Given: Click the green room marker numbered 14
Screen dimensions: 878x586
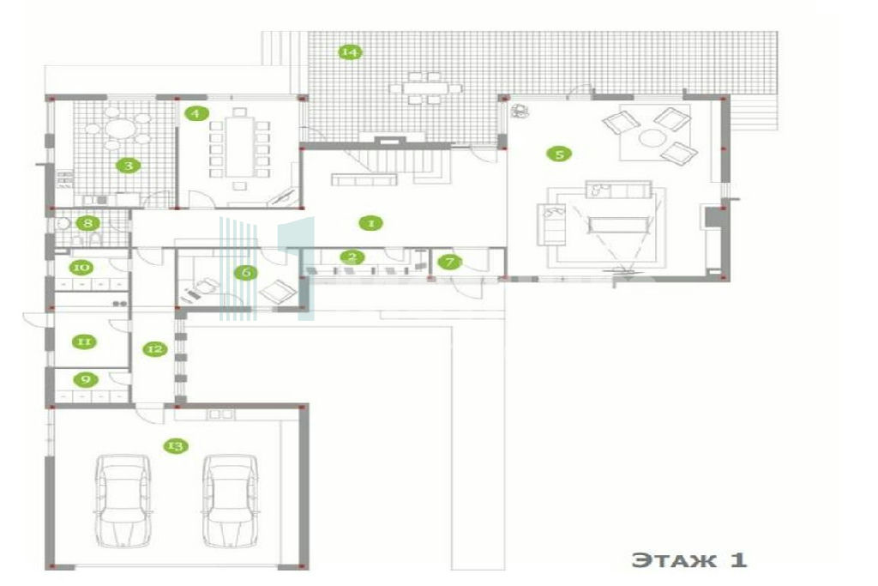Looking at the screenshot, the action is pyautogui.click(x=350, y=52).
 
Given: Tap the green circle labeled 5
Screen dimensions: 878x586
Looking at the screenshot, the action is pyautogui.click(x=559, y=154).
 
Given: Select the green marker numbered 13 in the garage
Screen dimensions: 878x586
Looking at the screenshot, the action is pyautogui.click(x=175, y=446).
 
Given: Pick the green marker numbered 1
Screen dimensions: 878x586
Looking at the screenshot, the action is pyautogui.click(x=370, y=223).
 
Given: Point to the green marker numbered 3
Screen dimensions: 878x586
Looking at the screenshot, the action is pyautogui.click(x=129, y=166).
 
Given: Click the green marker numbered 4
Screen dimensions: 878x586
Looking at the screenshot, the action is pyautogui.click(x=195, y=113).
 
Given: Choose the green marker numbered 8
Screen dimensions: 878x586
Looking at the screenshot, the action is pyautogui.click(x=88, y=223).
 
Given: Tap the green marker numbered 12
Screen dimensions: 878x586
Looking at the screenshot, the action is pyautogui.click(x=154, y=349).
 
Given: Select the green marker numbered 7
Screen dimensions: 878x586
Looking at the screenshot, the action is pyautogui.click(x=449, y=261).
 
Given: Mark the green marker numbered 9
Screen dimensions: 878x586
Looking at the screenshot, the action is pyautogui.click(x=86, y=379).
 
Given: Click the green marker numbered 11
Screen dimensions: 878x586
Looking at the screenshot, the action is pyautogui.click(x=84, y=341).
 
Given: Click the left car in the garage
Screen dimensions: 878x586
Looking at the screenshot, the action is pyautogui.click(x=123, y=500).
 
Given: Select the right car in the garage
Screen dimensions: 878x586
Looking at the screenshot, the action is pyautogui.click(x=230, y=500).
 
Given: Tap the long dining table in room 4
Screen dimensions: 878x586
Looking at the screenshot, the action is pyautogui.click(x=239, y=148).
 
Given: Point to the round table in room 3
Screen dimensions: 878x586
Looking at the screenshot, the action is pyautogui.click(x=120, y=130).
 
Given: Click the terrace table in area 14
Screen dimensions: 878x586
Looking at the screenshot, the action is pyautogui.click(x=424, y=88).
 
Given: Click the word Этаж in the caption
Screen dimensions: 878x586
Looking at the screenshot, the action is pyautogui.click(x=674, y=560).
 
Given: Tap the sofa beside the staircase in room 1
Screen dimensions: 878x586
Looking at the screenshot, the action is pyautogui.click(x=364, y=179).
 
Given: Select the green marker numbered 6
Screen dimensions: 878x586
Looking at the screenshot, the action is pyautogui.click(x=246, y=272).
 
